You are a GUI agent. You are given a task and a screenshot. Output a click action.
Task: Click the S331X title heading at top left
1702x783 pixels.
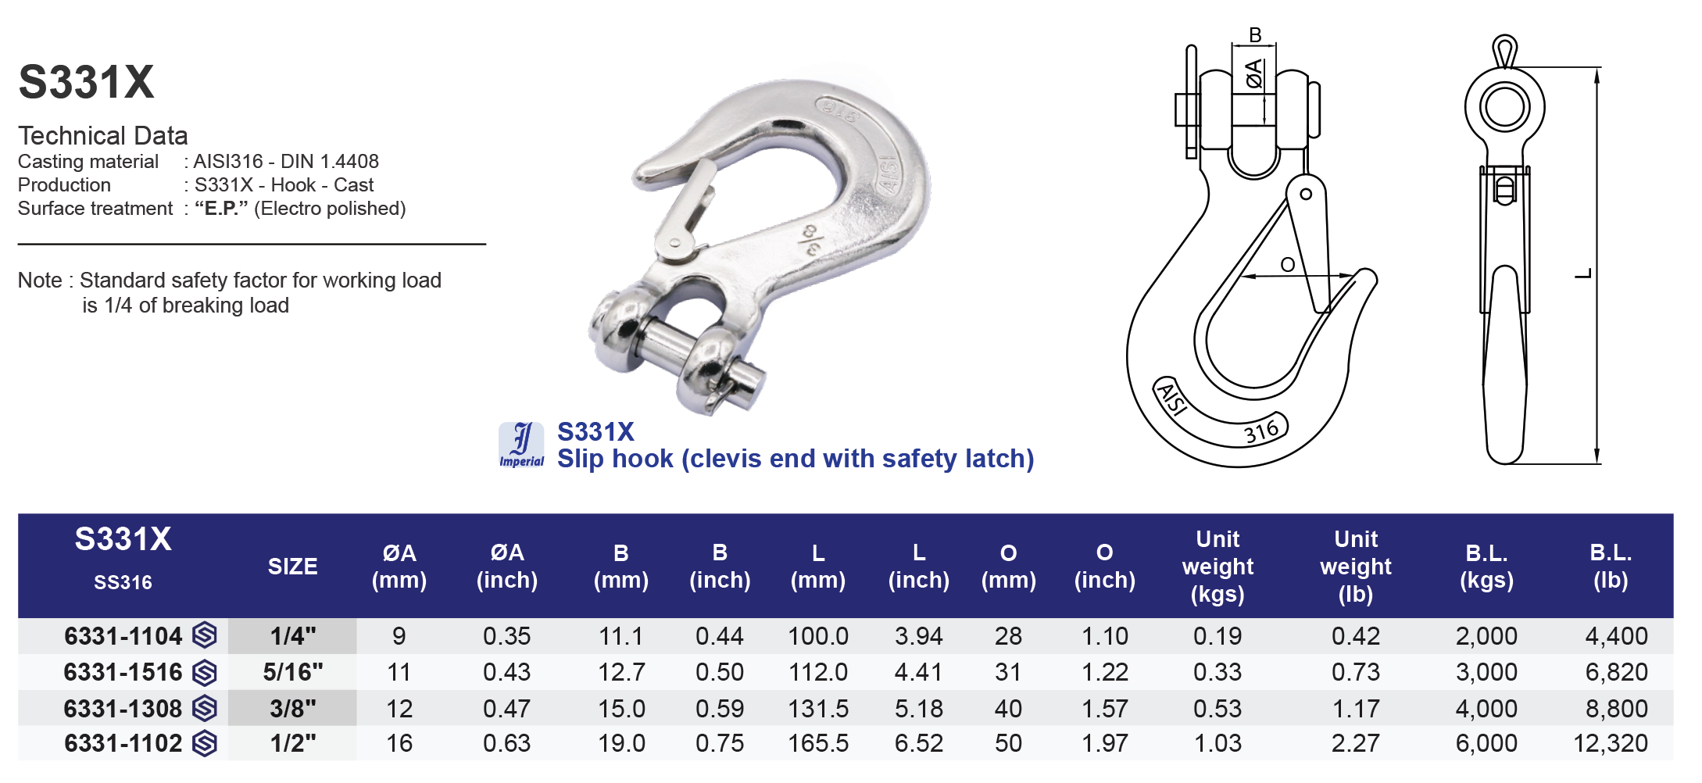tap(86, 82)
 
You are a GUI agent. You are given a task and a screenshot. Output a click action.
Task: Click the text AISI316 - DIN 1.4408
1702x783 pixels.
tap(286, 162)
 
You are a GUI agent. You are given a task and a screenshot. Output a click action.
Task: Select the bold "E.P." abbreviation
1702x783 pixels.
tap(221, 209)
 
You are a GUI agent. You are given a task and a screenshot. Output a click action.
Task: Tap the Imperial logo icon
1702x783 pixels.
tap(521, 444)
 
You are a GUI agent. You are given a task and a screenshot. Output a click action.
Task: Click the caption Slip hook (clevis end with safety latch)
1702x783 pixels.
tap(795, 459)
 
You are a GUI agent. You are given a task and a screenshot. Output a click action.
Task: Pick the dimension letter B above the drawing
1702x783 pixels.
tap(1255, 35)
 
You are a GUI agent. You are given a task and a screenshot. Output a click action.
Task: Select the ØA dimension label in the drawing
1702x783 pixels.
tap(1253, 73)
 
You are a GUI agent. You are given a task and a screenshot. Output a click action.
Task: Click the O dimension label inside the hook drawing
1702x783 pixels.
tap(1288, 265)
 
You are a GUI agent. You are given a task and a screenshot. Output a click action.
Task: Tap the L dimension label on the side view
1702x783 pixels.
tap(1583, 274)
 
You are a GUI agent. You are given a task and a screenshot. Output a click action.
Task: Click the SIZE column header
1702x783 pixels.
tap(292, 567)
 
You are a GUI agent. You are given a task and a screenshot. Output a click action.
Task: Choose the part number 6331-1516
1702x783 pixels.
tap(123, 672)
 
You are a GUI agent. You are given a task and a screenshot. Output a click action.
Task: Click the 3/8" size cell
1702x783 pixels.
tap(292, 709)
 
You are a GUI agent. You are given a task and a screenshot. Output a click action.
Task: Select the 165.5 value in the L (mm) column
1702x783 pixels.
tap(817, 743)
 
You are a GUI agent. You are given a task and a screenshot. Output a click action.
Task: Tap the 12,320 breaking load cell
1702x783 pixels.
tap(1610, 743)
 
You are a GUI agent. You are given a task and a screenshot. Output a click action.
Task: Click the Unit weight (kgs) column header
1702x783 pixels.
tap(1217, 567)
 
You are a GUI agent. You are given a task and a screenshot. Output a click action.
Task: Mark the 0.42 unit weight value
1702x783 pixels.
tap(1355, 636)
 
